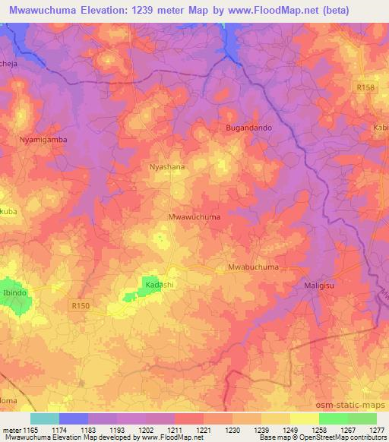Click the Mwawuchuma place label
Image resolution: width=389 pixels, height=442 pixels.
(194, 216)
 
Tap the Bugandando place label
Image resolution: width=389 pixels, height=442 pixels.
(248, 128)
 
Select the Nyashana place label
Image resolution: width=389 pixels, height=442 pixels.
(167, 166)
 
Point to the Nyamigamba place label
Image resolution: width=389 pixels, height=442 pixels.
(43, 140)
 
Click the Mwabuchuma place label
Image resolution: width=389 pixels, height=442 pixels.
(253, 268)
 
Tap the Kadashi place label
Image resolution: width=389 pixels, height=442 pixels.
(159, 283)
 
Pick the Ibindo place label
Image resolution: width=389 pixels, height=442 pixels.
(15, 292)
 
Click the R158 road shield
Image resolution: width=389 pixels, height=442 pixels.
(366, 88)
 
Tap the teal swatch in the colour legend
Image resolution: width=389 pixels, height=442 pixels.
(44, 418)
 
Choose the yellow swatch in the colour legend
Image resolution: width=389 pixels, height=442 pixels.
(304, 418)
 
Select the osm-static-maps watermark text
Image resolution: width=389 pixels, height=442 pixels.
(346, 406)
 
